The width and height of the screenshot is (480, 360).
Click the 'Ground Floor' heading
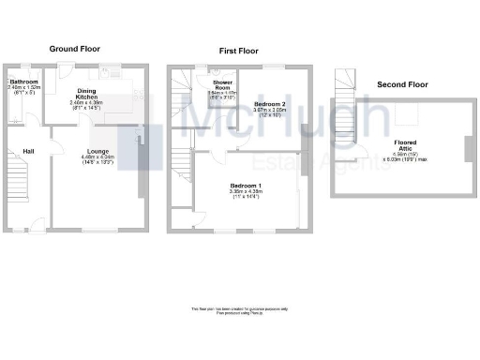(75, 49)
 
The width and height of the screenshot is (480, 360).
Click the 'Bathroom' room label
(23, 82)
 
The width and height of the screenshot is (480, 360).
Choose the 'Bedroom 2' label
(268, 104)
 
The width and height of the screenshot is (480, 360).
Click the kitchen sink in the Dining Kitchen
(112, 71)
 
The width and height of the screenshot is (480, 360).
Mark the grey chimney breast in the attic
(466, 149)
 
